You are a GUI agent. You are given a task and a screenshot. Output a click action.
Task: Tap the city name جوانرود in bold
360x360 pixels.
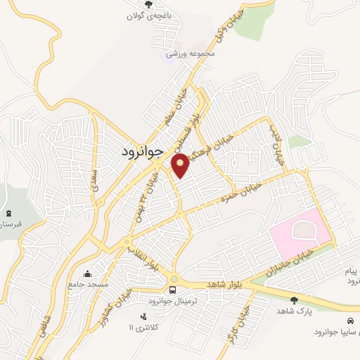(x=137, y=150)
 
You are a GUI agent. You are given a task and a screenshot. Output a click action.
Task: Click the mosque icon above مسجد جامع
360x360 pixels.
(x=87, y=274)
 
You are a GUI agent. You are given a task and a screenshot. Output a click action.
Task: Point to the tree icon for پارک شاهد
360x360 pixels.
(x=294, y=300)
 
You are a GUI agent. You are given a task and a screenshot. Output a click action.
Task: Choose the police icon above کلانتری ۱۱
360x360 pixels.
(x=143, y=316)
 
